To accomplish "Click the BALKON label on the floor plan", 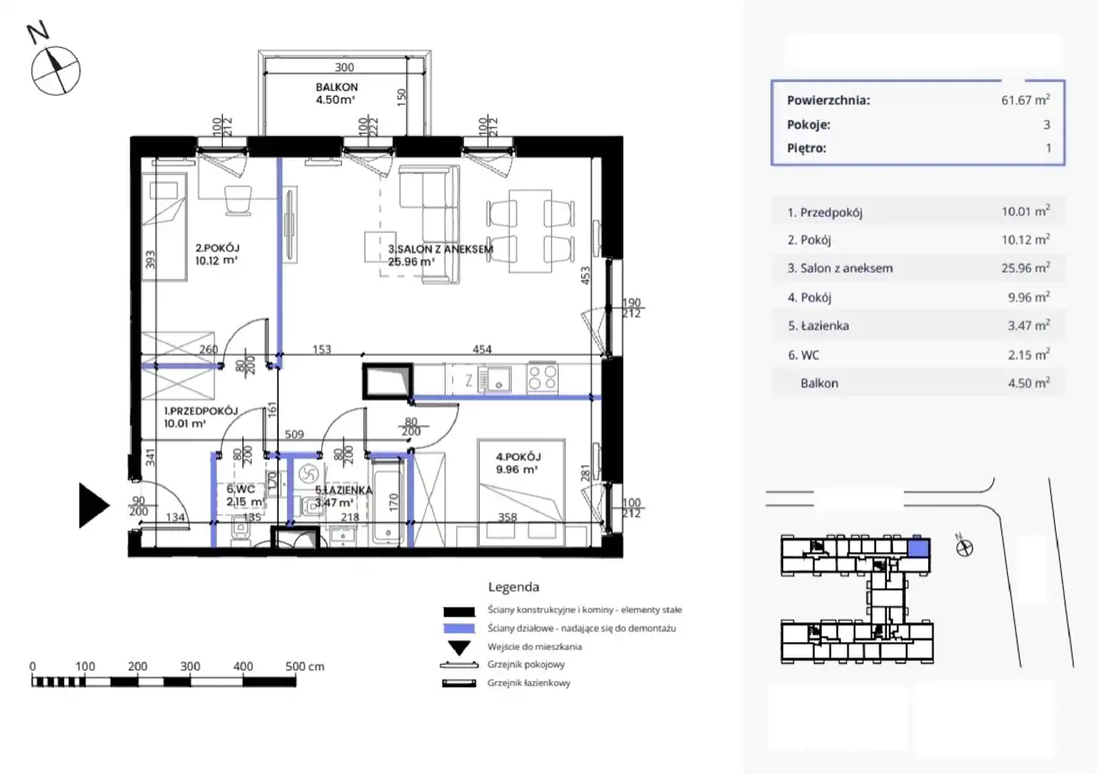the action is point(337,87).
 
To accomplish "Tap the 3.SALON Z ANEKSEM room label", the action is point(441,249).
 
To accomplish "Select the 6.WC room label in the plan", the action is point(241,489).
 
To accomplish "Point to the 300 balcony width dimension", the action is point(345,67).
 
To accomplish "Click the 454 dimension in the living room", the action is point(482,349).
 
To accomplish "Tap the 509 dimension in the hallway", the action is point(294,434).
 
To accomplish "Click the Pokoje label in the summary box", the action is point(808,125).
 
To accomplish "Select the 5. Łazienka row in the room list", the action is point(918,326).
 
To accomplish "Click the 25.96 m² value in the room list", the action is point(1026,268).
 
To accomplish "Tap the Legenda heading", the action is point(513,587).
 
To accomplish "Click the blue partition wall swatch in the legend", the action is point(459,628).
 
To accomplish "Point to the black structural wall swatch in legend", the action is point(459,611).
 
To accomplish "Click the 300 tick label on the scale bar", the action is point(190,666).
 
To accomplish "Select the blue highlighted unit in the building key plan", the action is point(918,549).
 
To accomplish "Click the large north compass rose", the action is point(56,71).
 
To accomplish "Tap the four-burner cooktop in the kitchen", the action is point(543,378).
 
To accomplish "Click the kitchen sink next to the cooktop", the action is point(495,379).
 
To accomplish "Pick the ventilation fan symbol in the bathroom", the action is point(309,473).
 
